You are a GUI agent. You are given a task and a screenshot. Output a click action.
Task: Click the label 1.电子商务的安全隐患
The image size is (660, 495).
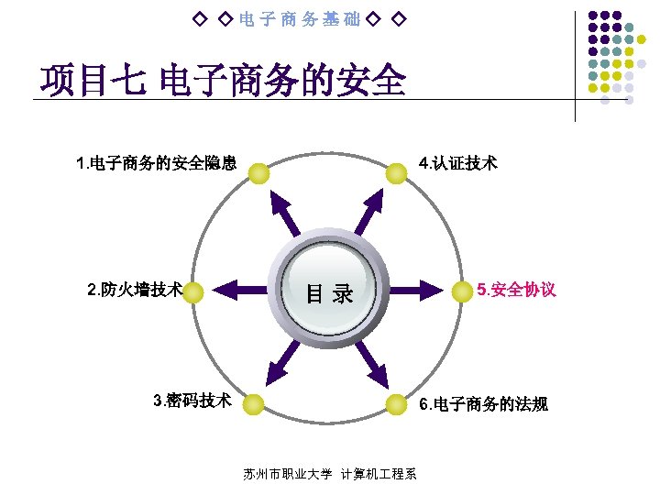[x=158, y=164]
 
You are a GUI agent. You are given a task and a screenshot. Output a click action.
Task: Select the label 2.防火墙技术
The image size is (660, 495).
[x=135, y=291]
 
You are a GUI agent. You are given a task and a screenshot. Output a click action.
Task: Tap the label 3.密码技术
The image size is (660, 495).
[x=192, y=401]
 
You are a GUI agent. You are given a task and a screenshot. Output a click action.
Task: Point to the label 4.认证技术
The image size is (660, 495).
[x=457, y=164]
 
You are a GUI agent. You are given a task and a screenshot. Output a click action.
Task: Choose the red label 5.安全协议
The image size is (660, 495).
[x=516, y=291]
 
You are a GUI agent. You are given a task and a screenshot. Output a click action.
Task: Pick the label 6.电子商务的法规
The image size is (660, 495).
[x=483, y=403]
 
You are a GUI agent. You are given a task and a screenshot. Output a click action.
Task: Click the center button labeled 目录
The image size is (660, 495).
[x=329, y=293]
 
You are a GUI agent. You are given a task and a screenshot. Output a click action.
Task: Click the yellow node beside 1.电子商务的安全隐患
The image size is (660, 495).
[x=259, y=172]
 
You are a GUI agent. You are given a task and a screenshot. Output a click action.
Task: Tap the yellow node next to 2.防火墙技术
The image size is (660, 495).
[x=194, y=292]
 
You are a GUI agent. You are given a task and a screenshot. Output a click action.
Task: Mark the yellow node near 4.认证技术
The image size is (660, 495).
[x=395, y=172]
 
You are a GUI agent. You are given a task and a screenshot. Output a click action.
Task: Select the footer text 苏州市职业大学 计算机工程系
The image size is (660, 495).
[x=330, y=474]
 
